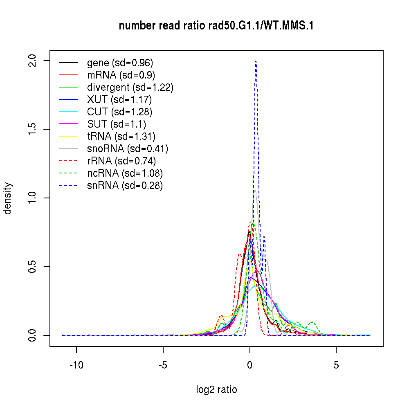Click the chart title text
(216, 26)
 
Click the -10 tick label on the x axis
(76, 365)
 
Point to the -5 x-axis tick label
(163, 365)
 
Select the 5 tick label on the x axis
(336, 365)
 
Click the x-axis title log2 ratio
(216, 390)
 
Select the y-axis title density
(8, 198)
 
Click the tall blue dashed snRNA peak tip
(256, 61)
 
